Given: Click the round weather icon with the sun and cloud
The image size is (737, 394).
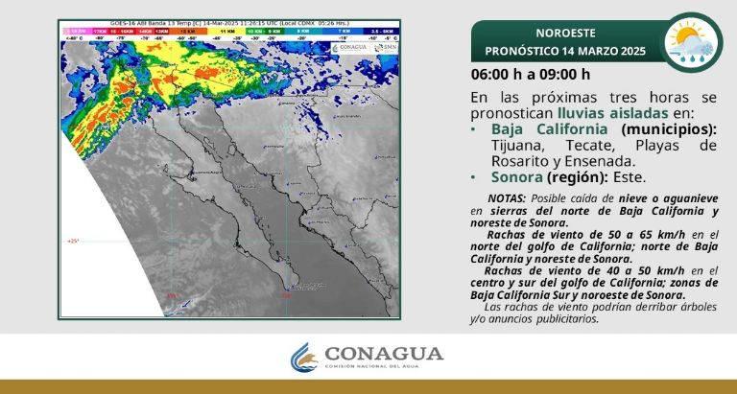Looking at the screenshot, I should (x=694, y=41).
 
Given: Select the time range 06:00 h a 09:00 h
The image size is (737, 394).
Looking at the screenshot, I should (x=530, y=75).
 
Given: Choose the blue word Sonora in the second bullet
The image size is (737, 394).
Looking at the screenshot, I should (x=516, y=177).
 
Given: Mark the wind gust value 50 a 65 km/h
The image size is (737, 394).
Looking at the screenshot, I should (x=628, y=234).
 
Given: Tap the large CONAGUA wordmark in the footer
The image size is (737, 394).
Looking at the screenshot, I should (x=385, y=354).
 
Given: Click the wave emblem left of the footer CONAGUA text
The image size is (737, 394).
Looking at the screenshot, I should (x=304, y=359).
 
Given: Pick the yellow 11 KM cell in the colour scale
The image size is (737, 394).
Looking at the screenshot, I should (x=227, y=32).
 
